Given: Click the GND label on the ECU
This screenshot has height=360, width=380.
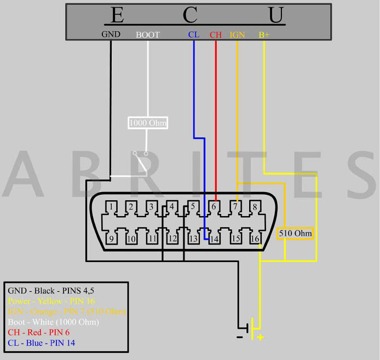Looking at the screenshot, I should click(111, 34).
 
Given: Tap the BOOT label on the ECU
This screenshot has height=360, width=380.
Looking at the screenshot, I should click(148, 34).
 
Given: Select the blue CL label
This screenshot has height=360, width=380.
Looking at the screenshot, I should click(193, 34).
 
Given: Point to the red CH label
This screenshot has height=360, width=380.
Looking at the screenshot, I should click(216, 34).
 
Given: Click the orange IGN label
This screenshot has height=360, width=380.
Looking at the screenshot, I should click(237, 34).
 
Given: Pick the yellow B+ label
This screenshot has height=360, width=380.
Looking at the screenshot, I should click(264, 34).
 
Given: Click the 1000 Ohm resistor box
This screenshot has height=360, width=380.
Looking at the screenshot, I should click(148, 123).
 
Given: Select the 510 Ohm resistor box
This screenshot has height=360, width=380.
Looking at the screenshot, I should click(295, 234).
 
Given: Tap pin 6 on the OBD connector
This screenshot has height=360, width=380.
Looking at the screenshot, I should click(214, 207).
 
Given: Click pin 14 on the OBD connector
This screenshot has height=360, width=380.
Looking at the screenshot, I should click(214, 239).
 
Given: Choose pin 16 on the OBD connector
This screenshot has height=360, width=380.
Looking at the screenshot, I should click(255, 239).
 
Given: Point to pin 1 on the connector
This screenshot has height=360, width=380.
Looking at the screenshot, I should click(111, 207).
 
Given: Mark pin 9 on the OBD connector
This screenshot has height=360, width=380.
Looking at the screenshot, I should click(111, 239).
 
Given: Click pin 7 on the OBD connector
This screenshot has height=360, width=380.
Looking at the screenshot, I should click(234, 207).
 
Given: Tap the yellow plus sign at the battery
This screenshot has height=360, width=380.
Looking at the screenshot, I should click(260, 337).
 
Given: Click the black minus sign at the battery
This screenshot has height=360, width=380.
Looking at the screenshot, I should click(240, 337).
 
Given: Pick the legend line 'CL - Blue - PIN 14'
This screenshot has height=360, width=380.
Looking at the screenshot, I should click(42, 343).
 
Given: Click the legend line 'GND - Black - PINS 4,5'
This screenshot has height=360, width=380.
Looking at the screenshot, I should click(47, 291).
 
